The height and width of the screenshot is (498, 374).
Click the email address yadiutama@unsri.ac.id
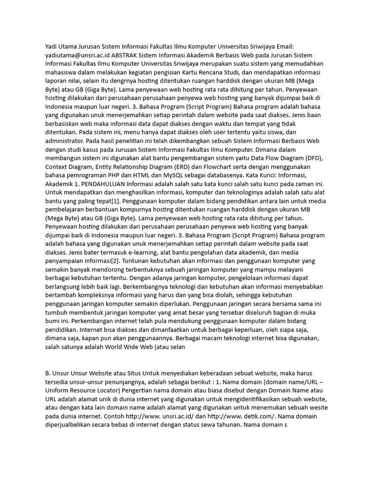(80, 55)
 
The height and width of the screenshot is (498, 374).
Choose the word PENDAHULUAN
(101, 184)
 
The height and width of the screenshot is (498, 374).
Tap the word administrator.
(66, 141)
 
